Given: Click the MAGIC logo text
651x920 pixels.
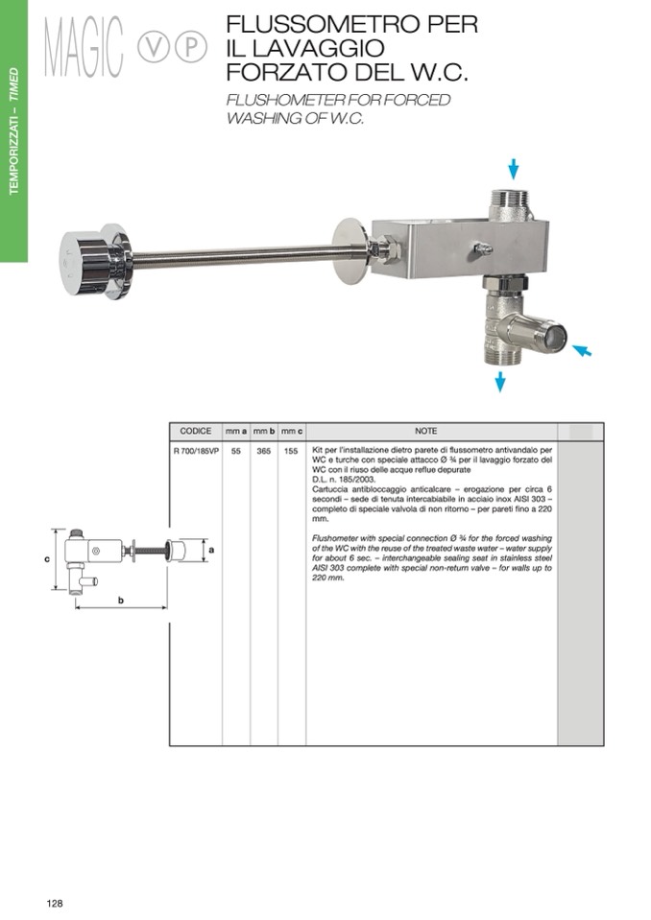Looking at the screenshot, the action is coord(84,47).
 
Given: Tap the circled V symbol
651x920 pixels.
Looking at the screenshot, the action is coord(153,48).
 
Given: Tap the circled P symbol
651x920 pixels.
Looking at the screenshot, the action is coord(191,48).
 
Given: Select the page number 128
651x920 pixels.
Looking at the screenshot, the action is coord(55,903).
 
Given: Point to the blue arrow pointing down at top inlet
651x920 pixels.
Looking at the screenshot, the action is coord(513,169).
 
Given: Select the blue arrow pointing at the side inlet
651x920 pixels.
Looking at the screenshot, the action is coord(582,350).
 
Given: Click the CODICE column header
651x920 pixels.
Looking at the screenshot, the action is coord(196,432).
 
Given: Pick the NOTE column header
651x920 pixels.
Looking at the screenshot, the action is coord(425,432).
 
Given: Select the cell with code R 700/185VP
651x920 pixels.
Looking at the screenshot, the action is coord(196,451).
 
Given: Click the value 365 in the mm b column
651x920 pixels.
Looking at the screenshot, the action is coord(264,451).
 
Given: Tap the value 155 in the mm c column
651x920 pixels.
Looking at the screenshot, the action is coord(291,451).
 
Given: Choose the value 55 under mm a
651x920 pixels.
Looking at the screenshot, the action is coord(236,451).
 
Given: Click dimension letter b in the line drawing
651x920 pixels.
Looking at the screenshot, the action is coord(121,601).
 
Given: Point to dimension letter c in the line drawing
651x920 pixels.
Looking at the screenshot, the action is coord(47,559).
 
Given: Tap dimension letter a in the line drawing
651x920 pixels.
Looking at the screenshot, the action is coord(211,550).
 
